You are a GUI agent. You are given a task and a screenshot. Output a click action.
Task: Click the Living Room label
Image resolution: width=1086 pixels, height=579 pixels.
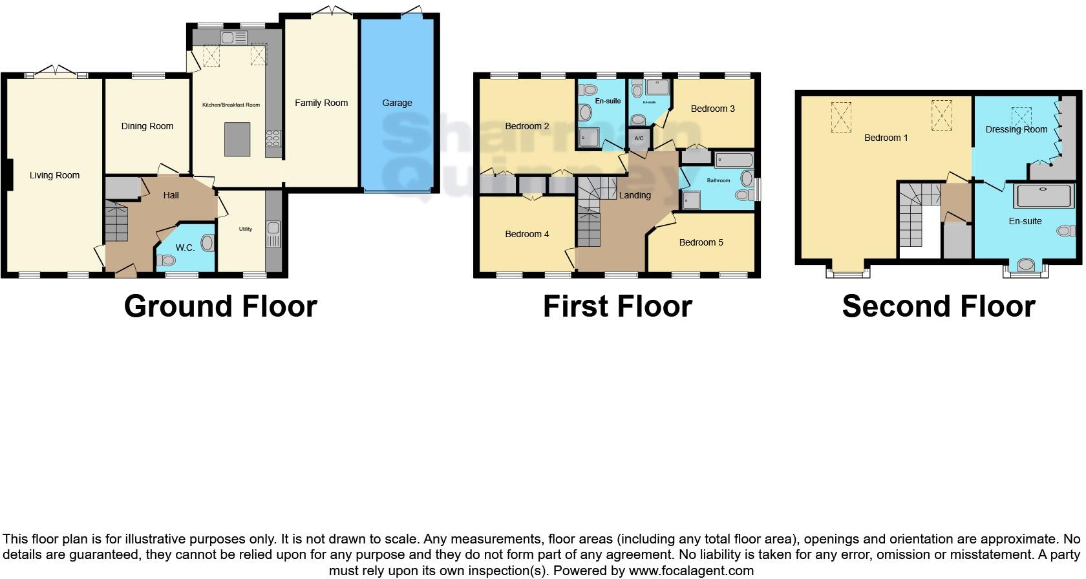point(54,175)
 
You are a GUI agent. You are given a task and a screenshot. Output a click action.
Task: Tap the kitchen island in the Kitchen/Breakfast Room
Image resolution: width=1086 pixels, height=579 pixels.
point(237,139)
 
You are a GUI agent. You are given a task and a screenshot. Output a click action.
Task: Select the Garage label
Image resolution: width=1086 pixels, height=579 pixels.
point(397,103)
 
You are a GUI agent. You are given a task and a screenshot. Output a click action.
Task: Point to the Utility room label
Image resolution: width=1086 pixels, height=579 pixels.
point(245,229)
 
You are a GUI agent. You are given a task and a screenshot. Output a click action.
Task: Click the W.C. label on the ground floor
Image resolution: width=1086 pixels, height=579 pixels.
point(185,247)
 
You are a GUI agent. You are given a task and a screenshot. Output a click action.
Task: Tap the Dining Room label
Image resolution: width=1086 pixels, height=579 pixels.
point(147,126)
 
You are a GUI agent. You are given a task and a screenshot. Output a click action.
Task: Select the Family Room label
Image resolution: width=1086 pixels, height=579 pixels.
point(321,103)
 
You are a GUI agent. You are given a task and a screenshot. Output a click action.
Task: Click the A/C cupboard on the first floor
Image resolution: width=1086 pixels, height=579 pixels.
point(639,139)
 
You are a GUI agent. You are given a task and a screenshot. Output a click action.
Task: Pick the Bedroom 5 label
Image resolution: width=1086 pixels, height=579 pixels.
point(701,242)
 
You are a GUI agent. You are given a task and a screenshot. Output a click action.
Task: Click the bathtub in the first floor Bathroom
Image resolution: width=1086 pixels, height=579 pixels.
point(734,160)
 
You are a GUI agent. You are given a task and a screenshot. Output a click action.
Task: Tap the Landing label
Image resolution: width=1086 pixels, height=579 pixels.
point(635,195)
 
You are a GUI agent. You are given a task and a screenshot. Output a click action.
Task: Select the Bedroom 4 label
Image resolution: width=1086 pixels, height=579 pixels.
point(527,234)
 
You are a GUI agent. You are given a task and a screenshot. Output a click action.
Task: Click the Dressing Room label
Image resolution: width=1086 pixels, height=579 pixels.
point(1016,129)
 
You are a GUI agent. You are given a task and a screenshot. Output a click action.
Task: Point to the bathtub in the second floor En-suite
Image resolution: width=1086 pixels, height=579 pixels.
point(1045,196)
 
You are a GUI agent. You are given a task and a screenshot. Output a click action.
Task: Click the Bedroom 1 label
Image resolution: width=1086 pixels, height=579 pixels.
point(886,138)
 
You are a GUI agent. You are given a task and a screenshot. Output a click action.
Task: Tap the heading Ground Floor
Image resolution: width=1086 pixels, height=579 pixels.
point(220,306)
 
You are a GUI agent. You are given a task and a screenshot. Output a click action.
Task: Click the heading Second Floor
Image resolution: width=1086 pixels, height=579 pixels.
point(939,306)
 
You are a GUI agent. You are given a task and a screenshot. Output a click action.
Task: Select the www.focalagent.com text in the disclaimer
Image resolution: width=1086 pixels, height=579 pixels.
point(691,571)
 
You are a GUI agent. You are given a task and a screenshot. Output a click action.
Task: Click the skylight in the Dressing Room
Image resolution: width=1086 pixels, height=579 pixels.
point(1022,116)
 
